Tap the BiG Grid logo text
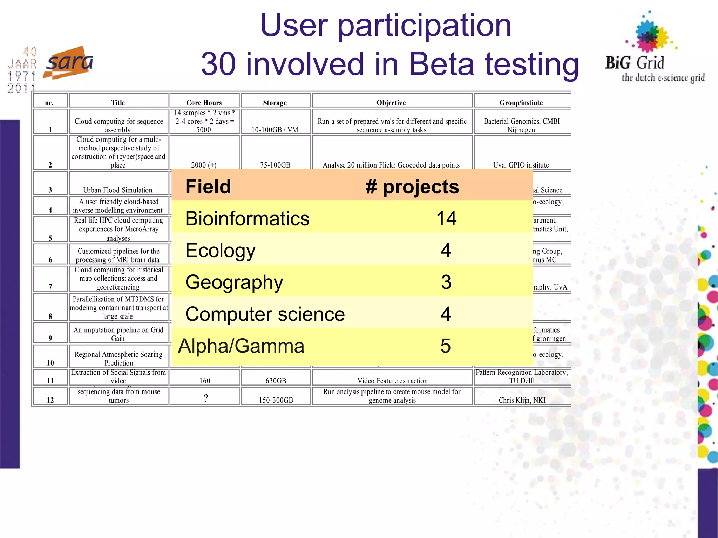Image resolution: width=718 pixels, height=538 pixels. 635,63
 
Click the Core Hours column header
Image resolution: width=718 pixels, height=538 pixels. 204,103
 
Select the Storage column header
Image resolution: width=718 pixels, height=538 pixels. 275,103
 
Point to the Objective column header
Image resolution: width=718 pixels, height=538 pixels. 391,103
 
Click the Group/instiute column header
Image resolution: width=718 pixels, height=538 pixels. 521,103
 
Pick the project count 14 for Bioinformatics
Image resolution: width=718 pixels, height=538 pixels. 446,218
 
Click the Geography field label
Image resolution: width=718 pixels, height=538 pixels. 234,282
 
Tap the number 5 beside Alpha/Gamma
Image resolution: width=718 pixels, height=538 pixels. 445,346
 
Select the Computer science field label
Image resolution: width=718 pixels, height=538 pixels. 265,314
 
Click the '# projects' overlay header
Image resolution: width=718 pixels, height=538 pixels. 412,187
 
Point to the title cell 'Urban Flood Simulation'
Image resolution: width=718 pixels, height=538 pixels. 118,190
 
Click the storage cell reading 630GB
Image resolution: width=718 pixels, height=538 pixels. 276,381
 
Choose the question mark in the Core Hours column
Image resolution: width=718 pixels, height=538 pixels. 206,398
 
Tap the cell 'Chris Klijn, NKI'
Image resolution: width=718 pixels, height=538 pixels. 522,400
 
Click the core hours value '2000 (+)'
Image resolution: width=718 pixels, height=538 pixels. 204,165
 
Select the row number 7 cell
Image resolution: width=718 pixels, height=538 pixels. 50,287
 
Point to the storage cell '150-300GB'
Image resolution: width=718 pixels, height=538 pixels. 276,400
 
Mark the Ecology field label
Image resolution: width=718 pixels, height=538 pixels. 220,250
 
